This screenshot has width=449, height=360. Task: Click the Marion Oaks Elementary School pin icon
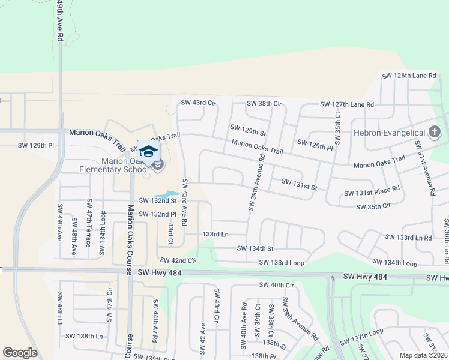pos(148,150)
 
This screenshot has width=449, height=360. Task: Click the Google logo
pos(20,353)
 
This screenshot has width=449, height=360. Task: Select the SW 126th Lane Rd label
pos(412,76)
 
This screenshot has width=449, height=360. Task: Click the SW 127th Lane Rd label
pos(347,104)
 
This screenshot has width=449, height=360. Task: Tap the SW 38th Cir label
pos(264,103)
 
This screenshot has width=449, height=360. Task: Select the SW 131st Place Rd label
pos(372,193)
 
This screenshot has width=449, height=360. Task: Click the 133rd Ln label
pos(216,234)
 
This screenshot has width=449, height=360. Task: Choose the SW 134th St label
pos(255,248)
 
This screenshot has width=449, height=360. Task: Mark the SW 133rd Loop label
pos(282,262)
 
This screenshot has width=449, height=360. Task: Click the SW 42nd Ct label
pos(178,260)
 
